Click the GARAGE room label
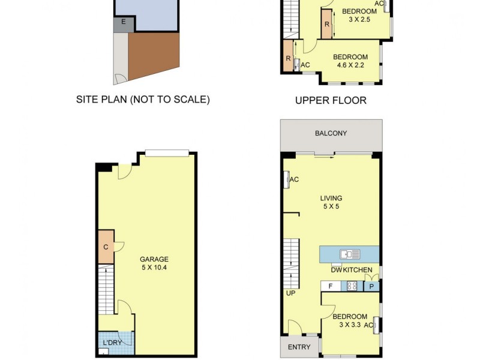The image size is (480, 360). pos(154,259)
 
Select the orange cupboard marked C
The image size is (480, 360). pos(106,247)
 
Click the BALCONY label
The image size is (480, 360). pos(331,133)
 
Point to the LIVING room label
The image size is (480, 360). pos(331,198)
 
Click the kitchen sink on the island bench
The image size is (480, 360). pos(349,254)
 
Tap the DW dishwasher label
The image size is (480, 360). pos(336,271)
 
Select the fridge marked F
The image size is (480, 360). pos(331,286)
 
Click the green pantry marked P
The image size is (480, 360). pos(371,286)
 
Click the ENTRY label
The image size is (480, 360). pos(299,347)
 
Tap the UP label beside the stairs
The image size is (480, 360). pos(291,293)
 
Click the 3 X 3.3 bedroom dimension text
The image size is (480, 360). pos(350,325)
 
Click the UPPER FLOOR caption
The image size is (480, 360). pos(331,100)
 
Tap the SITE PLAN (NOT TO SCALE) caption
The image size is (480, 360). pos(143,100)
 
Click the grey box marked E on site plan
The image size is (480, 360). pos(123,22)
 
